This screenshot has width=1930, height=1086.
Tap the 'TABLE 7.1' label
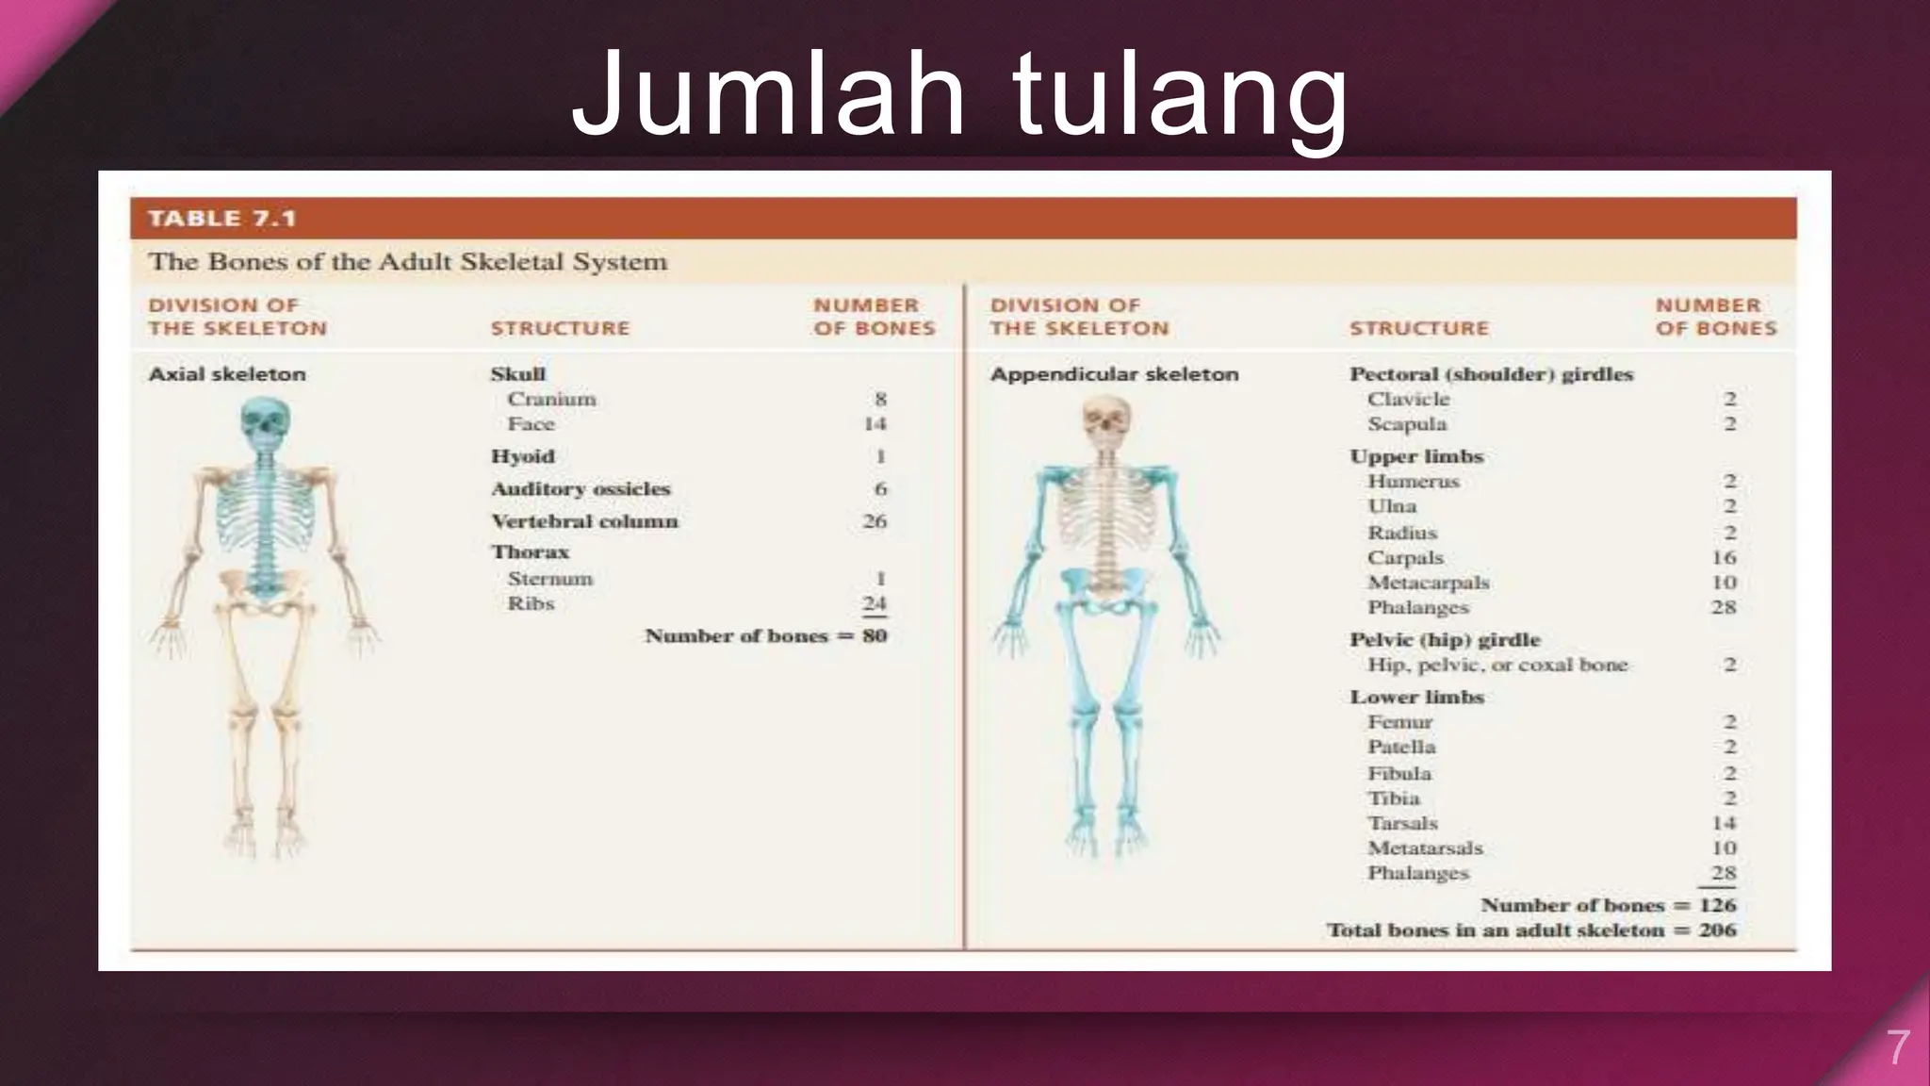pyautogui.click(x=222, y=219)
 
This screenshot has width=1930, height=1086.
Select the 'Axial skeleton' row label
pyautogui.click(x=227, y=374)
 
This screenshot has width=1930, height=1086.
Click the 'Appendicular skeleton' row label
pyautogui.click(x=1114, y=374)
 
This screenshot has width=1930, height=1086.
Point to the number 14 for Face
pyautogui.click(x=875, y=424)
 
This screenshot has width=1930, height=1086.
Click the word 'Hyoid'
pyautogui.click(x=522, y=456)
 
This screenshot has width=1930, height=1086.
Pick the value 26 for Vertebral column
pyautogui.click(x=874, y=521)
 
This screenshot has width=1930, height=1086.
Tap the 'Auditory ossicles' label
pyautogui.click(x=581, y=489)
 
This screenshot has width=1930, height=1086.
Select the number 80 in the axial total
pyautogui.click(x=875, y=636)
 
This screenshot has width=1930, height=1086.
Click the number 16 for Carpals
pyautogui.click(x=1723, y=558)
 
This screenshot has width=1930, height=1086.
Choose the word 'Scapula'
pyautogui.click(x=1406, y=424)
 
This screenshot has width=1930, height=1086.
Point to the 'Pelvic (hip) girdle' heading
pyautogui.click(x=1444, y=640)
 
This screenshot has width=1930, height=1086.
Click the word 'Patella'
pyautogui.click(x=1401, y=747)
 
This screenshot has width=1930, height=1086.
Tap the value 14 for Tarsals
pyautogui.click(x=1723, y=823)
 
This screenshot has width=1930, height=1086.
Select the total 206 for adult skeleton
pyautogui.click(x=1717, y=930)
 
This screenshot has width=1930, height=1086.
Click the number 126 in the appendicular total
pyautogui.click(x=1717, y=905)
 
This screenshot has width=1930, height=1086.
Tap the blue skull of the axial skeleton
pyautogui.click(x=265, y=424)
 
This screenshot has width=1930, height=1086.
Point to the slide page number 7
pyautogui.click(x=1897, y=1048)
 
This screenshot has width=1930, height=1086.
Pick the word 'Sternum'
pyautogui.click(x=549, y=579)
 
